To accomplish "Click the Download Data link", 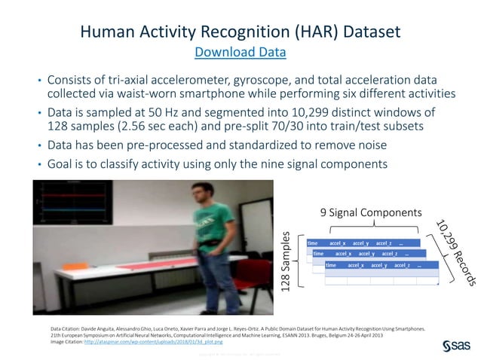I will pos(240,52).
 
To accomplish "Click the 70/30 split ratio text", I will pos(302,127).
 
